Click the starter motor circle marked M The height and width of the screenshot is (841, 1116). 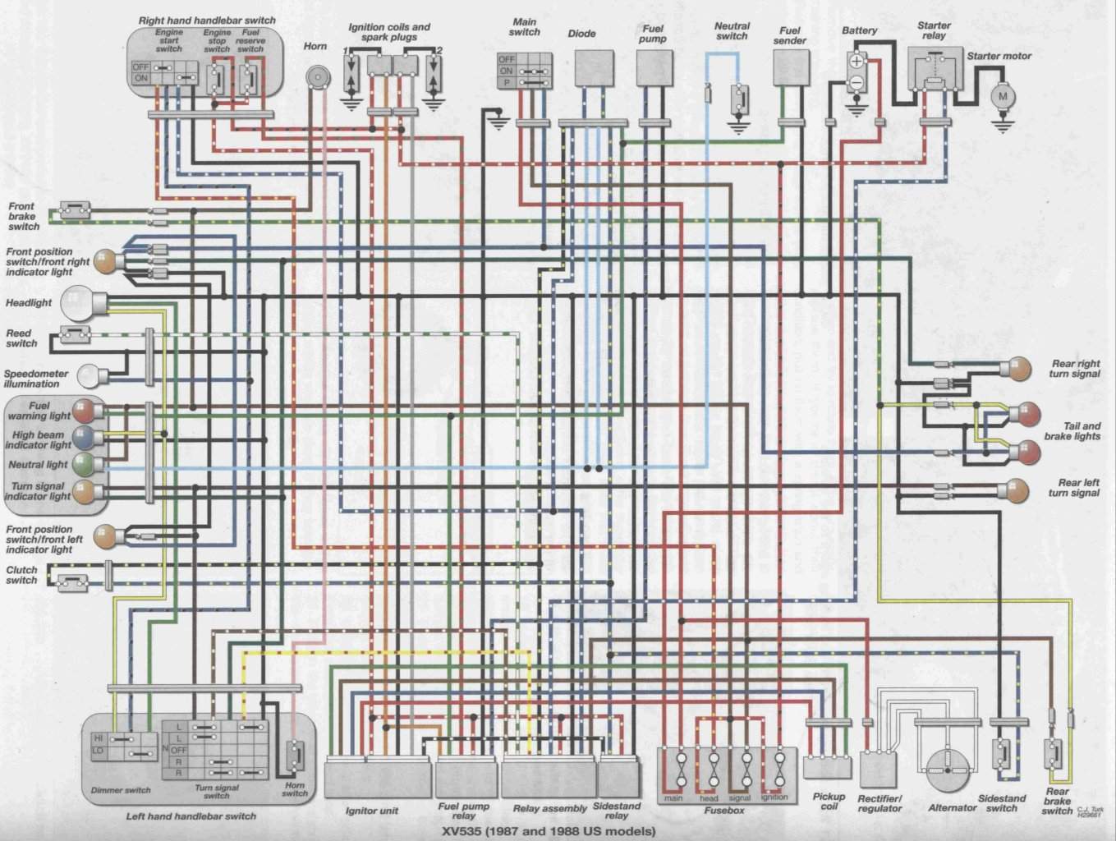[x=1002, y=95]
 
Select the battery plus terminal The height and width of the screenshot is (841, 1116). [x=857, y=62]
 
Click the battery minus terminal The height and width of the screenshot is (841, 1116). [x=857, y=82]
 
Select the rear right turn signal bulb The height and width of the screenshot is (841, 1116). [x=1020, y=369]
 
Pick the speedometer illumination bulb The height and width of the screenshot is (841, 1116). [x=89, y=377]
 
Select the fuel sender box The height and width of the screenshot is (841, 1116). [x=791, y=67]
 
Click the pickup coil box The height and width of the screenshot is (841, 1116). [x=822, y=765]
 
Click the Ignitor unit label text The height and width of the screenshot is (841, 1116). [x=372, y=811]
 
